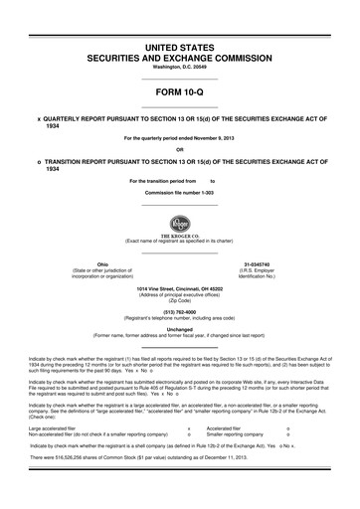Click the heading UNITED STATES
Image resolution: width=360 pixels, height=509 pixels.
pyautogui.click(x=180, y=48)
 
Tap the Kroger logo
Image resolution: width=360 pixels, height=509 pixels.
pyautogui.click(x=180, y=220)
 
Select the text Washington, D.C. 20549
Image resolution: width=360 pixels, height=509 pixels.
pyautogui.click(x=180, y=67)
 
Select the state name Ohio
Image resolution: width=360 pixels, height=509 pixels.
pyautogui.click(x=101, y=263)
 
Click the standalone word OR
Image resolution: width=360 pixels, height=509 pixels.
pyautogui.click(x=180, y=151)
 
